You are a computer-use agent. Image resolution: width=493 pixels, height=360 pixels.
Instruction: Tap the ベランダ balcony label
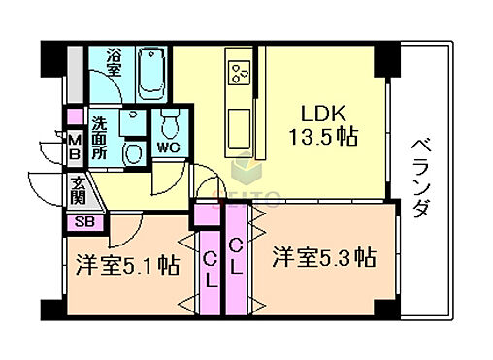[x=420, y=179]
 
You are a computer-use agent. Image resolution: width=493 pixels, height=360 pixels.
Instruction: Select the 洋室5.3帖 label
[x=323, y=258]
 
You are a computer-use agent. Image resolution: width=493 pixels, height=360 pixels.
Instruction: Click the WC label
[x=168, y=148]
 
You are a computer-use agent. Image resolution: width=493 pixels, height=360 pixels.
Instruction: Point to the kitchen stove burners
[x=238, y=69]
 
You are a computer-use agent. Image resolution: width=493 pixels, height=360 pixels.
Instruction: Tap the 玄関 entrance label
[x=79, y=192]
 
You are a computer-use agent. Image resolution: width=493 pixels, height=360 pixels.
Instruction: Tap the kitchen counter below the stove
[x=238, y=121]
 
